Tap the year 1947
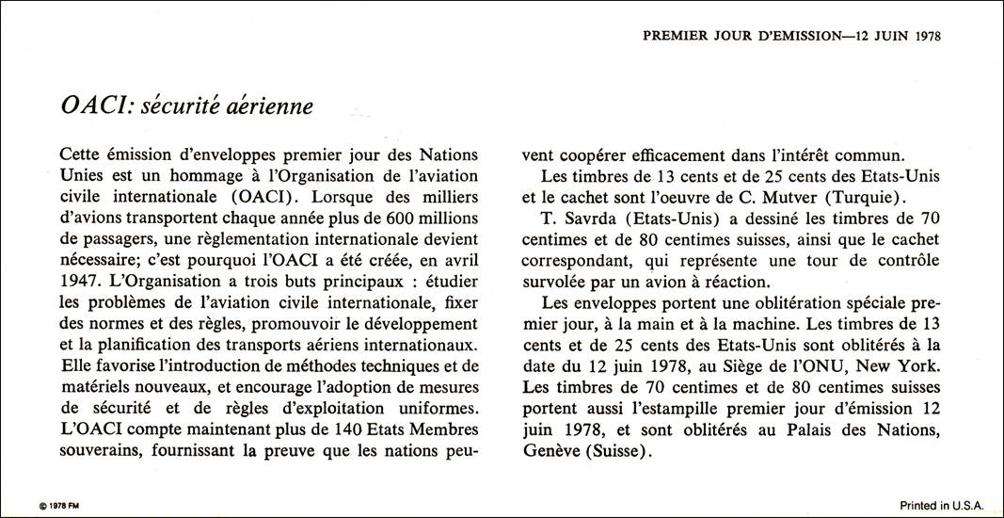78,282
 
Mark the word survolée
557,282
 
